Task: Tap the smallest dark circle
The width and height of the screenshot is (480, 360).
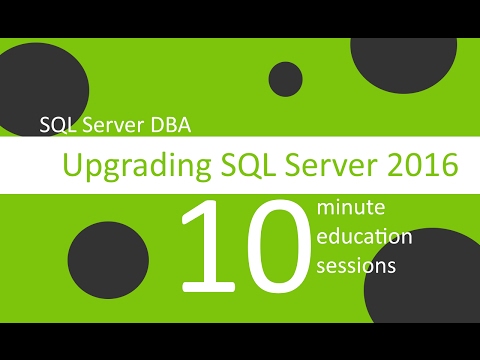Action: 286,79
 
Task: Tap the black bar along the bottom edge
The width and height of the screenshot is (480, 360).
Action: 240,340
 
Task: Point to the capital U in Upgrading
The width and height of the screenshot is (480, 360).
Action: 72,163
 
